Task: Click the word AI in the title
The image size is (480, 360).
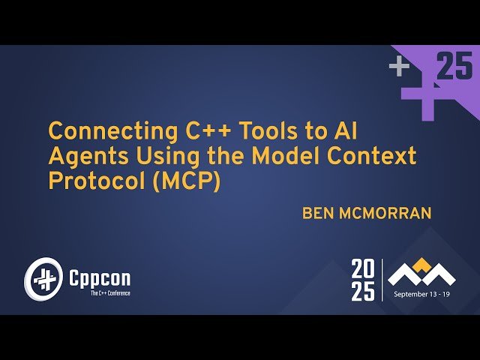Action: (340, 132)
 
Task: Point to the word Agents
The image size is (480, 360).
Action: (83, 157)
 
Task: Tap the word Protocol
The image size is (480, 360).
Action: (94, 182)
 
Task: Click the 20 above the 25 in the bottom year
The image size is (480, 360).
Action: (363, 268)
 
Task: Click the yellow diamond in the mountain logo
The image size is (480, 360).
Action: (424, 264)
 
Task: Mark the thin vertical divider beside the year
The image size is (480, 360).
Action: (382, 280)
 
